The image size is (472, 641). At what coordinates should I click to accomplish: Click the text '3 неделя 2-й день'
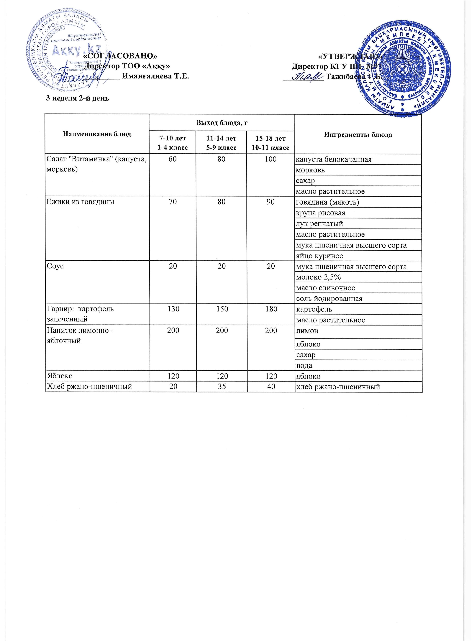pos(78,98)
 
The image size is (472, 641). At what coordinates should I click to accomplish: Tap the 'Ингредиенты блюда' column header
pos(358,134)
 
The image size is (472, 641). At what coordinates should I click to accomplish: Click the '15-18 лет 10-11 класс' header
pos(270,143)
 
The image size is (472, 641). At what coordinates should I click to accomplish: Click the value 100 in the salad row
pos(270,159)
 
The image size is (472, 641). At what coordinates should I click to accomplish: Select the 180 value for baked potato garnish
pos(270,309)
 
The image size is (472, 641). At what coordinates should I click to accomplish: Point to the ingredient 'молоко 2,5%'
pos(319,277)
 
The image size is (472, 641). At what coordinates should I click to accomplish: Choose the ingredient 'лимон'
pos(307,331)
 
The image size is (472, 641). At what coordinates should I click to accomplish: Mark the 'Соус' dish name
pos(55,266)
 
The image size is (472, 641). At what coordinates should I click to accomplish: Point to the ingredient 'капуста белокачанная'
pos(334,159)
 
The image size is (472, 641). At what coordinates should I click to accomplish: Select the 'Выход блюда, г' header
pos(221,123)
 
